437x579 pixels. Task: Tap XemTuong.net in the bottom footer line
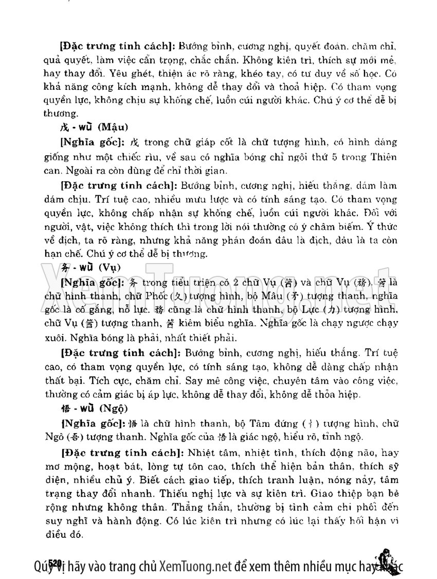[194, 567]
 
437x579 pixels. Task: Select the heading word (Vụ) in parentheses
[109, 268]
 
